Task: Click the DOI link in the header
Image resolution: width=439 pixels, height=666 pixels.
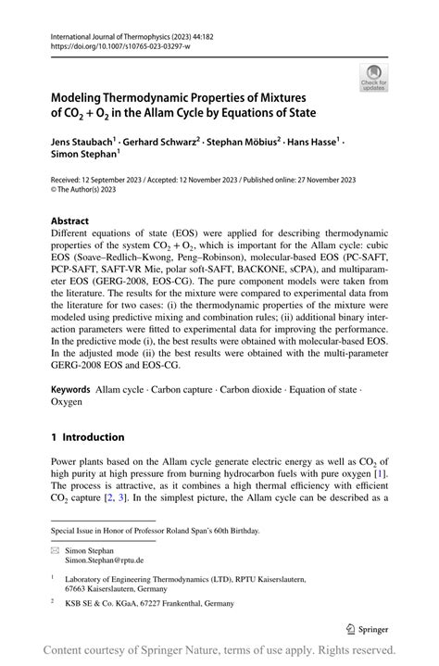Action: pyautogui.click(x=108, y=44)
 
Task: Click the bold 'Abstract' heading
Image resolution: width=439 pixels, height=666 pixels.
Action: pyautogui.click(x=70, y=221)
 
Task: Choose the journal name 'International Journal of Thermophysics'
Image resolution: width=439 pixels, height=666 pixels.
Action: pyautogui.click(x=116, y=32)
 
